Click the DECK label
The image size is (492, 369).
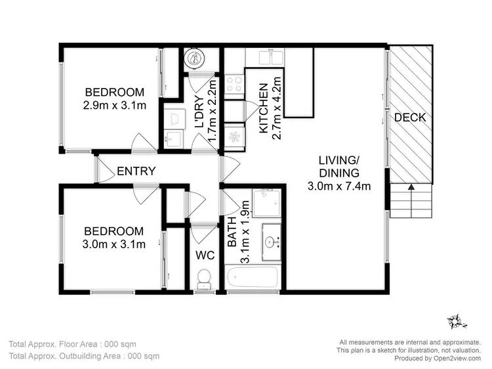pyautogui.click(x=411, y=118)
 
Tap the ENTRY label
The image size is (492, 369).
pyautogui.click(x=136, y=171)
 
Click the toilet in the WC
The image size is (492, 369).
pyautogui.click(x=204, y=280)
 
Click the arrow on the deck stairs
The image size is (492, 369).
pyautogui.click(x=411, y=188)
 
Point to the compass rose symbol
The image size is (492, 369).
pyautogui.click(x=457, y=321)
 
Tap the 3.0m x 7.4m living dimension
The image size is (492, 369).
pyautogui.click(x=338, y=186)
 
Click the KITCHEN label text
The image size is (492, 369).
pyautogui.click(x=263, y=108)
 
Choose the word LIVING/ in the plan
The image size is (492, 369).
pyautogui.click(x=339, y=160)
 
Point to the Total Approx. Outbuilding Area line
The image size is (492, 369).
pyautogui.click(x=84, y=357)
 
